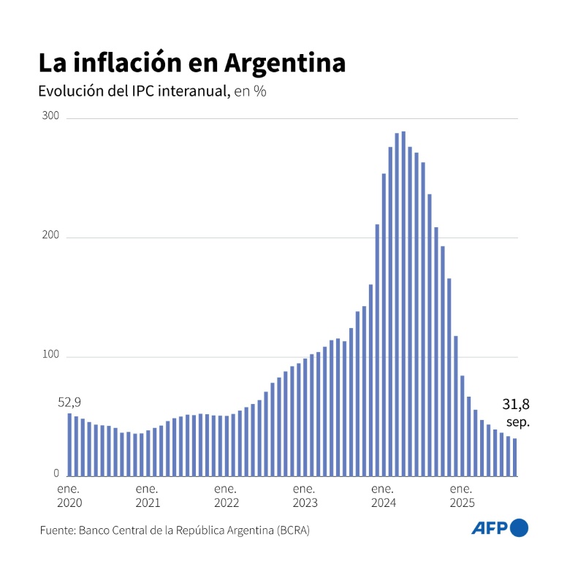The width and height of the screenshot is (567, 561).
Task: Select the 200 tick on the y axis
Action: click(x=52, y=237)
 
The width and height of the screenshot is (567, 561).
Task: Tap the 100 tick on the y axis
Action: click(x=52, y=356)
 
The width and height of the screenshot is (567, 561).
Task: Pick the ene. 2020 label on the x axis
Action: click(x=69, y=495)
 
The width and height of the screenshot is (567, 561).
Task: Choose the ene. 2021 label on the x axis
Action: click(x=148, y=495)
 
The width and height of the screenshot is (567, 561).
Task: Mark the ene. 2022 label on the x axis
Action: click(x=226, y=495)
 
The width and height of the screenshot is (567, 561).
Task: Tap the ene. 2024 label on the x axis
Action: click(x=383, y=495)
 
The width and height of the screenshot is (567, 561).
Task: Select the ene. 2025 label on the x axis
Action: click(x=461, y=495)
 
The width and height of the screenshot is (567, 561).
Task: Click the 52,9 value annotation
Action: click(x=69, y=402)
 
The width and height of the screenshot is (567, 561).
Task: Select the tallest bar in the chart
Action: click(x=403, y=304)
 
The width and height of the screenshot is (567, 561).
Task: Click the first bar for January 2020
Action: click(x=69, y=445)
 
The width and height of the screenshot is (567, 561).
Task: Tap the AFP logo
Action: click(x=499, y=528)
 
